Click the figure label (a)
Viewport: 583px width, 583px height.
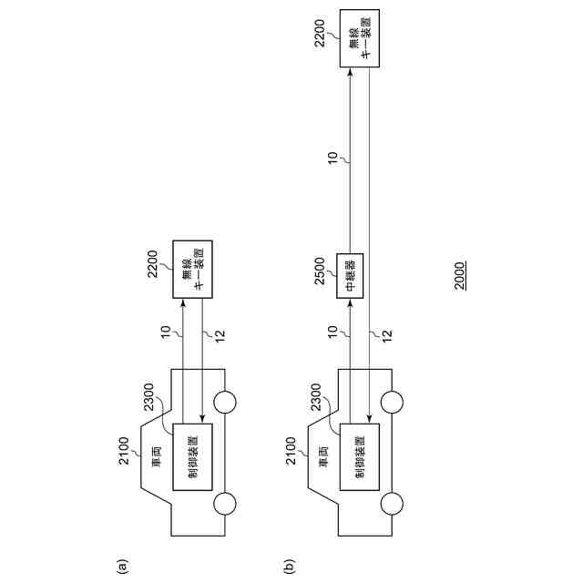pos(120,567)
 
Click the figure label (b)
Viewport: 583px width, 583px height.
pos(289,567)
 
